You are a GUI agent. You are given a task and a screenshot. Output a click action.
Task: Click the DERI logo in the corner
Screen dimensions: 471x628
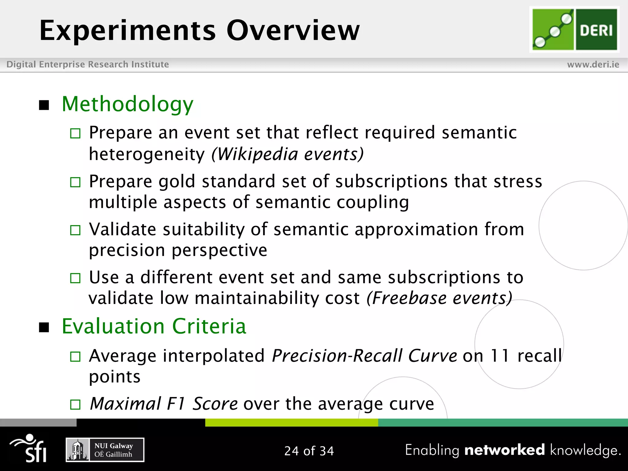[x=574, y=29]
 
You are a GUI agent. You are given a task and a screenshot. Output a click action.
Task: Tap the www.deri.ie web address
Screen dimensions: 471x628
[x=593, y=64]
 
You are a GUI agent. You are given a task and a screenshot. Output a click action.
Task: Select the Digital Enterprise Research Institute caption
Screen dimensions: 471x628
[x=88, y=64]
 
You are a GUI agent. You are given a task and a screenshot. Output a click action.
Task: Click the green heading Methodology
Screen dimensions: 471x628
[x=128, y=104]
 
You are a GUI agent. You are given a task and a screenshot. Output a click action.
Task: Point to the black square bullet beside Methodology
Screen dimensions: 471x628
[x=44, y=105]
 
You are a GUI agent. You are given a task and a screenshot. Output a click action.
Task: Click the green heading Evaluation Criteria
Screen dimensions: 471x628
[x=154, y=326]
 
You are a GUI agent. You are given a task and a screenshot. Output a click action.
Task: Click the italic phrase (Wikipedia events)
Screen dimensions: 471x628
[x=287, y=154]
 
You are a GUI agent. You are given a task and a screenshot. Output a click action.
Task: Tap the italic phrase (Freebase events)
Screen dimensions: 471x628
[x=439, y=298]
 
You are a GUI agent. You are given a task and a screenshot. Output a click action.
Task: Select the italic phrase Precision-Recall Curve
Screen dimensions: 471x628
[x=364, y=356]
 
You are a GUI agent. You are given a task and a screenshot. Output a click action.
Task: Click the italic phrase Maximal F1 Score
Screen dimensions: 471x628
[x=163, y=404]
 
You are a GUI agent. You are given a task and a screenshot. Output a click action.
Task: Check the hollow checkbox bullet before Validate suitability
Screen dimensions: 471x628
[x=75, y=230]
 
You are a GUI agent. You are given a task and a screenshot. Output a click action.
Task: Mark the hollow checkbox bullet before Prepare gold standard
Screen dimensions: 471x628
[x=75, y=182]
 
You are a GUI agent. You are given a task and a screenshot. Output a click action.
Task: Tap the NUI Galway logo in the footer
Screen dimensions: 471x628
[x=105, y=450]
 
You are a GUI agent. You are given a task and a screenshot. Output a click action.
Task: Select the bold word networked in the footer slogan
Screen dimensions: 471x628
[x=504, y=450]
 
